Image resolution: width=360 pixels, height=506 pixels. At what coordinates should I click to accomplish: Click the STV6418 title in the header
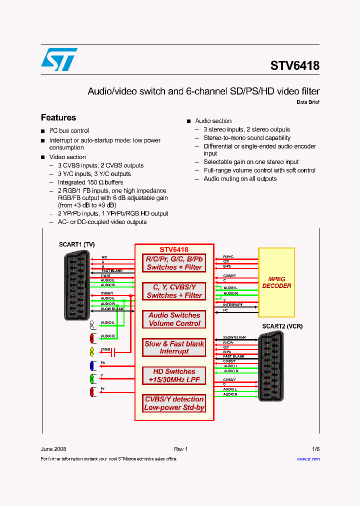click(x=294, y=65)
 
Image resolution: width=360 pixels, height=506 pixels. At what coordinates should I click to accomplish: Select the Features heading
click(x=58, y=117)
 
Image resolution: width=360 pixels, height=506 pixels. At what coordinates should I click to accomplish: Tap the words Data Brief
click(x=308, y=102)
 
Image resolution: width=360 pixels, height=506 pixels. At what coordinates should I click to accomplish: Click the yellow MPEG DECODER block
click(x=276, y=282)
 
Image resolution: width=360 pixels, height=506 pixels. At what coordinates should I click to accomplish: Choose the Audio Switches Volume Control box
click(x=174, y=319)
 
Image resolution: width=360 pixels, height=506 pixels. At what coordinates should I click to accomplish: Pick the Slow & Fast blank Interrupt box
click(x=174, y=347)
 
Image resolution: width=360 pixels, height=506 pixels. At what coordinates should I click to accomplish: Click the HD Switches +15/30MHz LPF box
click(x=174, y=375)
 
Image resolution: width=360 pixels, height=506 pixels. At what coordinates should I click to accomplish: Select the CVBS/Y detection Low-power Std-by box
click(x=174, y=403)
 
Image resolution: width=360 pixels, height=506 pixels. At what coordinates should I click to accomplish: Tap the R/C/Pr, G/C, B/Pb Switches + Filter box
click(x=174, y=263)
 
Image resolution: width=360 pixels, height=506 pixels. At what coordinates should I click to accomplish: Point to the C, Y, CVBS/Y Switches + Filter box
click(x=174, y=291)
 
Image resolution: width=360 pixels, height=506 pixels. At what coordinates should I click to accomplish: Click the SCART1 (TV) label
click(x=76, y=244)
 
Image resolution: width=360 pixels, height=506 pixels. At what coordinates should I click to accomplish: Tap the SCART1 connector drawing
click(x=77, y=285)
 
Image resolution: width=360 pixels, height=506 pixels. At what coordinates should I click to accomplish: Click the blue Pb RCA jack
click(x=92, y=365)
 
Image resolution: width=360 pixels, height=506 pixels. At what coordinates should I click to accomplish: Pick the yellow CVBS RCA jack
click(x=92, y=351)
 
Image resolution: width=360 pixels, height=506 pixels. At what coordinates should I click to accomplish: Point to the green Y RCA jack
click(x=92, y=378)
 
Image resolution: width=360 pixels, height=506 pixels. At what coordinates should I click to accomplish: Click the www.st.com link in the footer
click(x=308, y=458)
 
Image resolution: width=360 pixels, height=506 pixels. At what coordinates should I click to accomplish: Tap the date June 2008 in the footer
click(x=53, y=449)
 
